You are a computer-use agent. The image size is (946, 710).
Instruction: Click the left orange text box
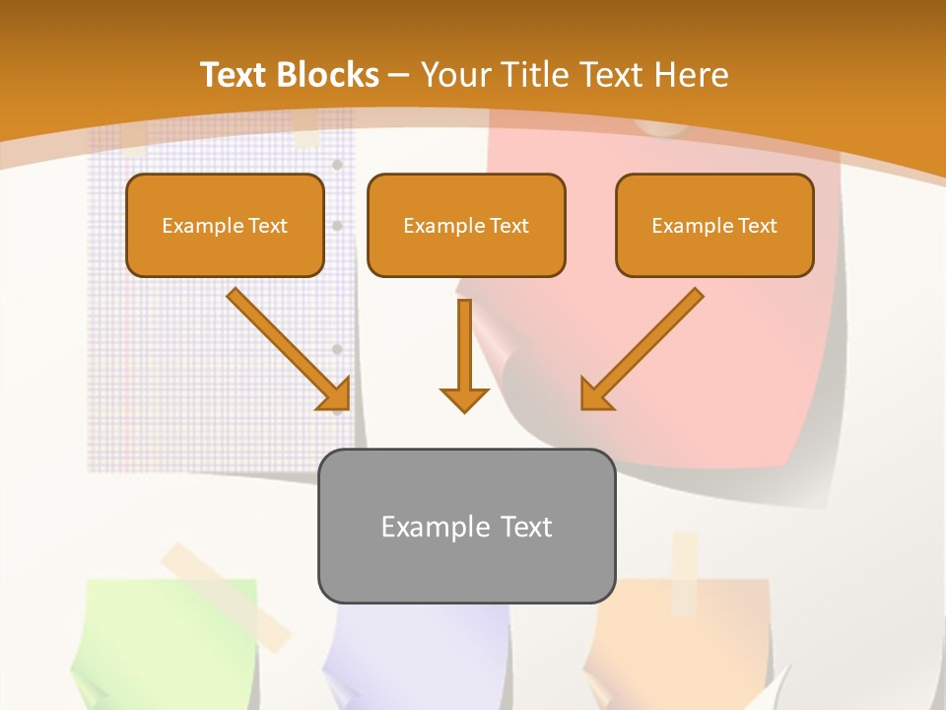[225, 226]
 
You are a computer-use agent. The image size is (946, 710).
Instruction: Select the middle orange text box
[466, 226]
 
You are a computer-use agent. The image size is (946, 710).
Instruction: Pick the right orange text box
[714, 226]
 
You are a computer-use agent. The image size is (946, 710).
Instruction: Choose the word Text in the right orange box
[758, 226]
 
